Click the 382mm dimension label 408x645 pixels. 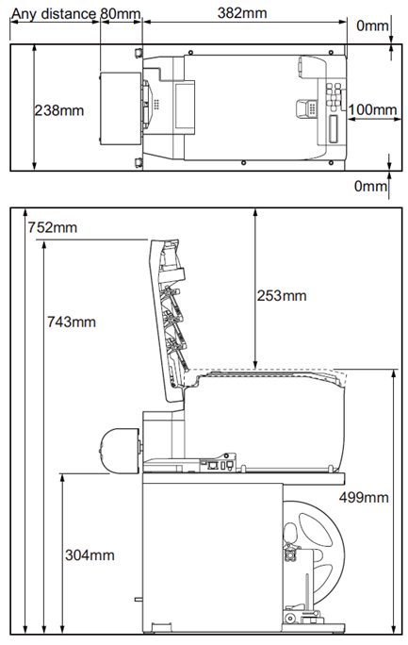point(242,13)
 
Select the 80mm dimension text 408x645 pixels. point(121,13)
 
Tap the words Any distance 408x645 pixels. point(54,14)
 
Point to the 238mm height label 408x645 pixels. point(58,110)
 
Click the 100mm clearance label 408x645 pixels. point(372,109)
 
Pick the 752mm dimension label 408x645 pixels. point(52,227)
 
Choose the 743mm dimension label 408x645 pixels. point(71,322)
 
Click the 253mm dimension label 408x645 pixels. point(282,295)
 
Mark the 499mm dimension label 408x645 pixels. point(364,497)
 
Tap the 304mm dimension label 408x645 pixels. point(90,554)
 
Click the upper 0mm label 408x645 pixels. point(372,25)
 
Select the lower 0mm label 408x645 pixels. point(370,186)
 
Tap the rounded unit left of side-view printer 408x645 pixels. point(119,451)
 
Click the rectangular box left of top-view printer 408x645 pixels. point(121,108)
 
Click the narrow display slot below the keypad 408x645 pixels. point(334,128)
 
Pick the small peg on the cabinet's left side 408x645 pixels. point(139,600)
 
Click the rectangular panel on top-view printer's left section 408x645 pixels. point(185,106)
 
